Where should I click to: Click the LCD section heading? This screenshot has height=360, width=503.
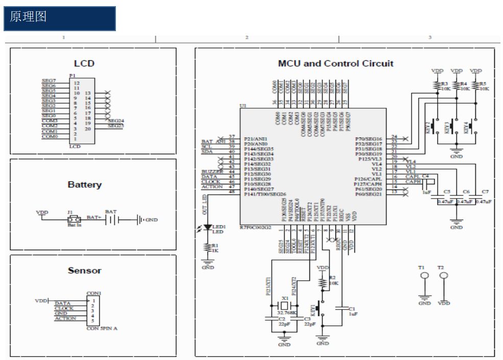pyautogui.click(x=84, y=64)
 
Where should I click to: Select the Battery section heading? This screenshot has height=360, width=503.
pyautogui.click(x=85, y=185)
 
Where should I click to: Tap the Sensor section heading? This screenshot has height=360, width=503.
pyautogui.click(x=85, y=271)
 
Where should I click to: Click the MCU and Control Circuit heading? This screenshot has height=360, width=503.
pyautogui.click(x=336, y=64)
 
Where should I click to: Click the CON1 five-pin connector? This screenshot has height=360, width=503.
pyautogui.click(x=93, y=311)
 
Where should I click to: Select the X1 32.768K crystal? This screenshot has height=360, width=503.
pyautogui.click(x=285, y=306)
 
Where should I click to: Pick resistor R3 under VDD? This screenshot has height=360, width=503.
pyautogui.click(x=438, y=86)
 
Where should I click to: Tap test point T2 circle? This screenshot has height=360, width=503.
pyautogui.click(x=444, y=277)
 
